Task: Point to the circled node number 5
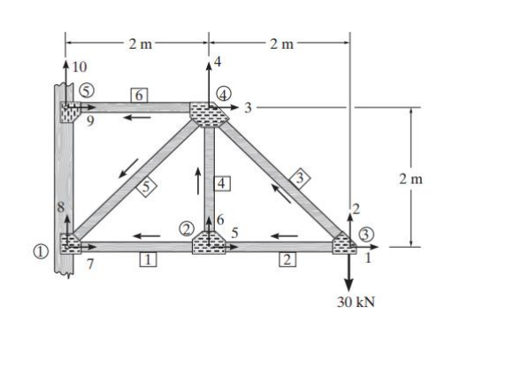[x=86, y=89]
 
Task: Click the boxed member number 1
[x=149, y=258]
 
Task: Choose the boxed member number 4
[x=222, y=182]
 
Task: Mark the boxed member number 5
[x=148, y=185]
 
